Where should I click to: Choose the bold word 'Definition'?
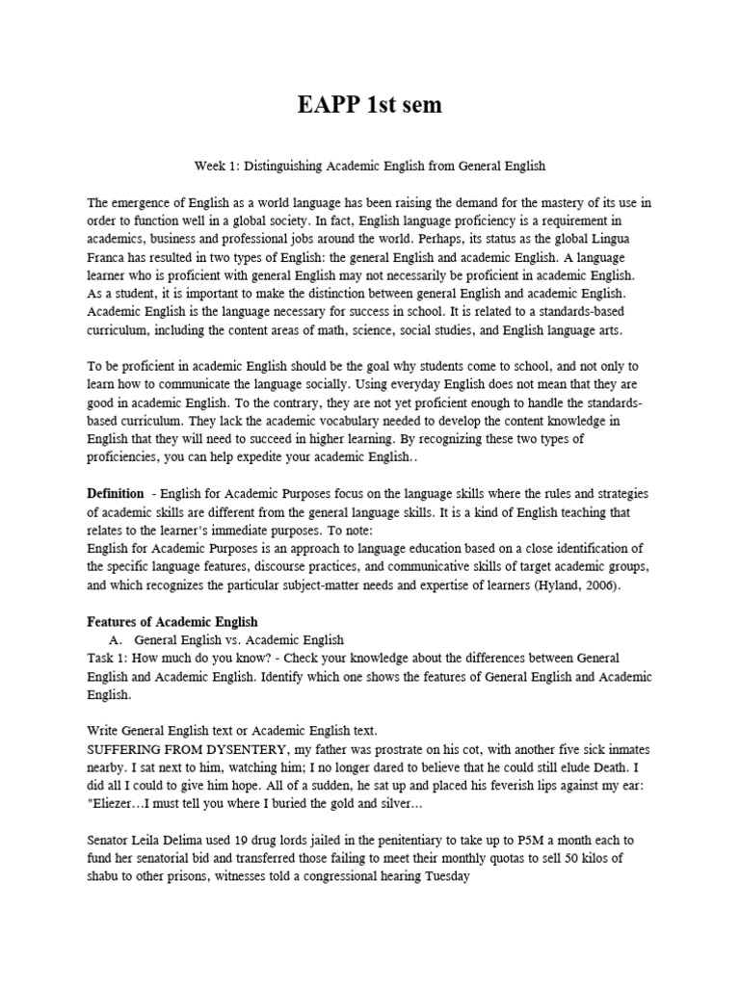116,493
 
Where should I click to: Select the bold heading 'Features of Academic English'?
172,621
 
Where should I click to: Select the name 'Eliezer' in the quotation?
118,804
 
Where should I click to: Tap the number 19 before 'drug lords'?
242,841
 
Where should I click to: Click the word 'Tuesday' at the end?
447,877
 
